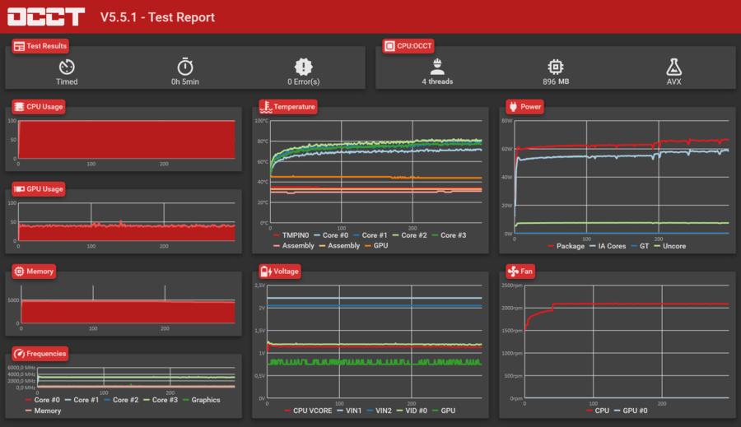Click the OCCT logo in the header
coord(47,16)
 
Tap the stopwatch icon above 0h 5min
coord(185,67)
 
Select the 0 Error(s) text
coord(304,81)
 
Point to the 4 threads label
coord(437,81)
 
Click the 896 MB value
coord(556,81)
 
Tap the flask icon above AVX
coord(673,67)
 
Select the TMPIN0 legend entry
coord(295,235)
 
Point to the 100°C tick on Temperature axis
coord(261,121)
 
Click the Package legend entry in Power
coord(570,246)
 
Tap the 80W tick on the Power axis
coord(507,121)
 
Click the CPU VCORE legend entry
coord(311,410)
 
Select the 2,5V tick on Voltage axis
coord(260,285)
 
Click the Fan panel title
coord(525,271)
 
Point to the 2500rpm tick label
coord(511,285)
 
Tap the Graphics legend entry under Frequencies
coord(206,400)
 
